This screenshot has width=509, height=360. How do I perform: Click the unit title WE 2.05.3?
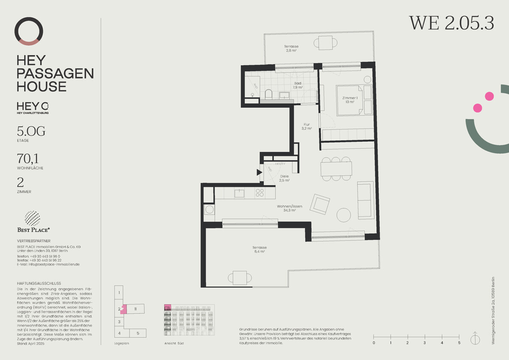click(451, 23)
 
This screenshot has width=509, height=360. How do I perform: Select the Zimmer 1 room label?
click(350, 100)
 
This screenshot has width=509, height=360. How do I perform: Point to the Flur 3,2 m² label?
click(306, 126)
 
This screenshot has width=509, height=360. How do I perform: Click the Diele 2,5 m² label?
click(284, 178)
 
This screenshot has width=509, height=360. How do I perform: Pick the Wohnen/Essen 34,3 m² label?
click(290, 208)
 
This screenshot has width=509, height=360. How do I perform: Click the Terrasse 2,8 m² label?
click(291, 48)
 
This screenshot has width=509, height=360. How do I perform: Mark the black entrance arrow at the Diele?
click(259, 172)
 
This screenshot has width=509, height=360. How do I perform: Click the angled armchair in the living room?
click(319, 204)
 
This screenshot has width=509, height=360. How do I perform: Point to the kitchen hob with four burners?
click(259, 193)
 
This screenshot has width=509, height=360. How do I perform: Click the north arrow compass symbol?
click(475, 339)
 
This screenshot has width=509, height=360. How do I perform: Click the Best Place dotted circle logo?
click(33, 218)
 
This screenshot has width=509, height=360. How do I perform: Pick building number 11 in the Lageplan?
click(135, 309)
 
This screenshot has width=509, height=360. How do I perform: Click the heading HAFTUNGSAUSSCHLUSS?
click(39, 283)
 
